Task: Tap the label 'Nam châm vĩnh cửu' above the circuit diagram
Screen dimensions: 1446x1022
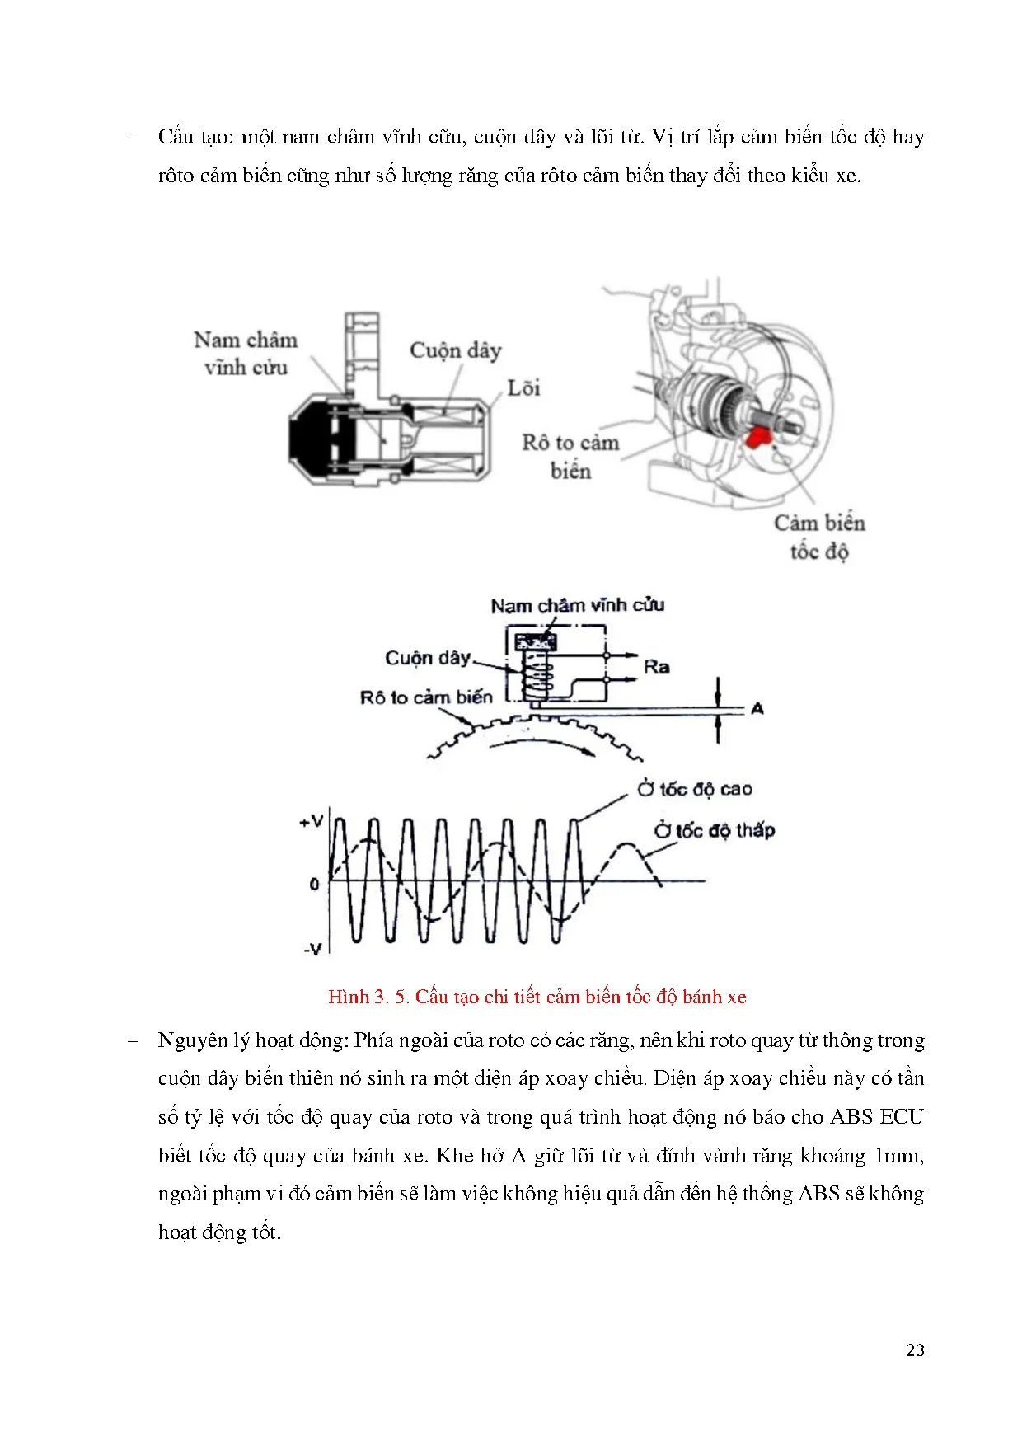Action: (577, 606)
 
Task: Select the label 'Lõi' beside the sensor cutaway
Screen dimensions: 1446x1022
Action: (523, 388)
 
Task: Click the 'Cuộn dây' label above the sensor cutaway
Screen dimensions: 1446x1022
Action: (455, 350)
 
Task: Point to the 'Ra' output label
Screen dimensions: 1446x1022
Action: (656, 667)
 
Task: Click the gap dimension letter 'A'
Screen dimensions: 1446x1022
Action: (757, 708)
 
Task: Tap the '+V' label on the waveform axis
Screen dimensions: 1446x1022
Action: (312, 821)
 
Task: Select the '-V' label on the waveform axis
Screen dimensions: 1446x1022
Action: (312, 949)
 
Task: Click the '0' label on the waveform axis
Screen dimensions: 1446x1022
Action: (314, 884)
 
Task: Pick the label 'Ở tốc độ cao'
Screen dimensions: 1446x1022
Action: (694, 789)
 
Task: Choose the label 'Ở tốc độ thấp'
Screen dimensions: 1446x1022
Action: (715, 830)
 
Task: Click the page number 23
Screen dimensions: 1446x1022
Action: (915, 1350)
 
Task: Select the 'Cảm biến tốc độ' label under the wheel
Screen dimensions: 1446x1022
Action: (819, 537)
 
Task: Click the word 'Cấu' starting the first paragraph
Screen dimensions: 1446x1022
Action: (176, 137)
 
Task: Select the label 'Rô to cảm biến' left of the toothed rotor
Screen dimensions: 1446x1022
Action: (426, 697)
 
